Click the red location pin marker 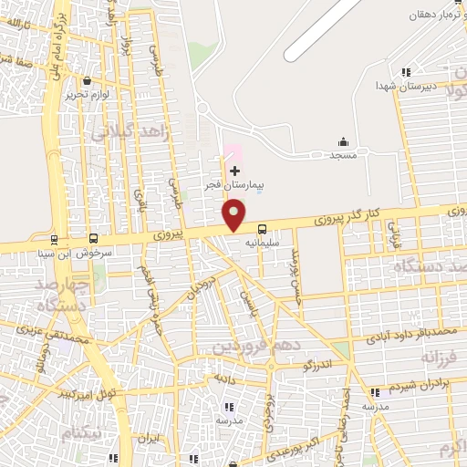pos(234,214)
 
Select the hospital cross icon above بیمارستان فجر pos(234,171)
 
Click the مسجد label pos(343,156)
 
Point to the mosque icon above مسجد pos(343,141)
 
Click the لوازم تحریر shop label pos(88,94)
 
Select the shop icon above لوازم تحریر pos(87,80)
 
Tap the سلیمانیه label pos(260,244)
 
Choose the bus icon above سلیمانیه pos(263,229)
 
